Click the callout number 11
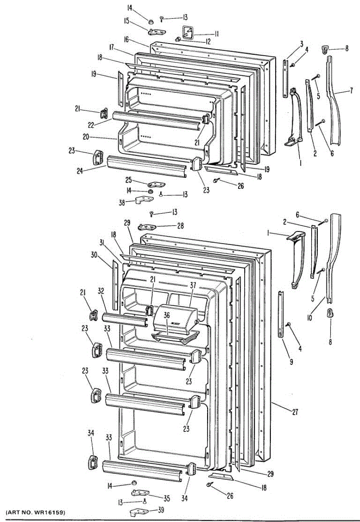(x=216, y=33)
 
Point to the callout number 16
(x=126, y=40)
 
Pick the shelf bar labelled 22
(x=157, y=120)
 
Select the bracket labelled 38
(x=144, y=200)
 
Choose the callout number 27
(x=295, y=412)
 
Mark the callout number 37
(x=193, y=285)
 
